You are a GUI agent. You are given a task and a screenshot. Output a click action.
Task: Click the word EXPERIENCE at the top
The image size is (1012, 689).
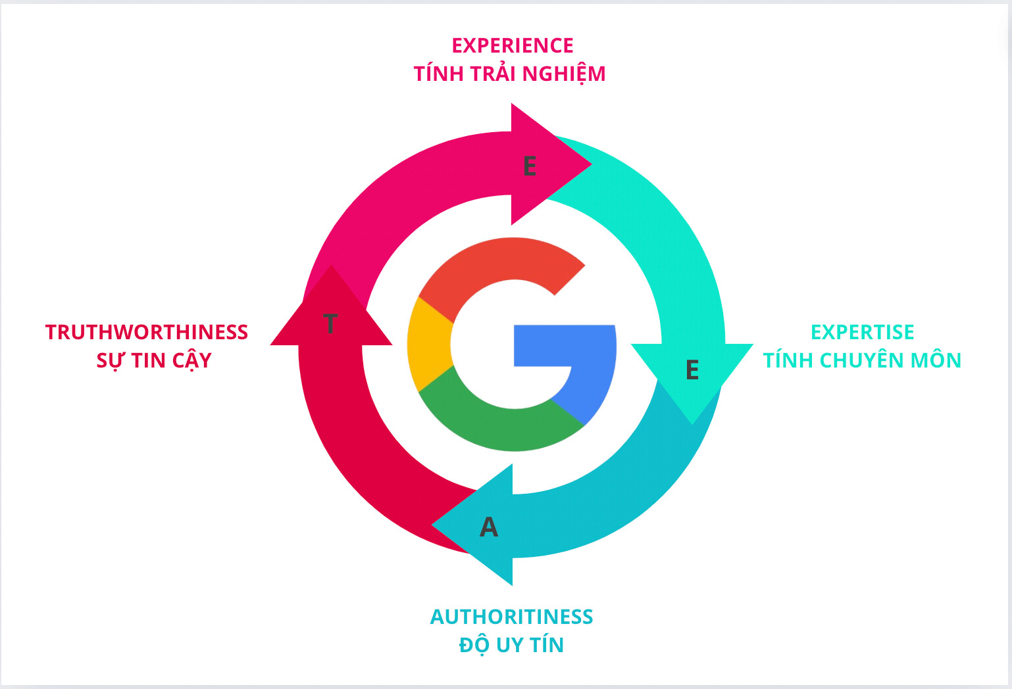coord(513,45)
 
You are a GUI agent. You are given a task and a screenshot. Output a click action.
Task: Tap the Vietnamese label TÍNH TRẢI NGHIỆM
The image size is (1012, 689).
coord(509,74)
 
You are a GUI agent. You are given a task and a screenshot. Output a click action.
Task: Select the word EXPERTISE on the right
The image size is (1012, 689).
coord(862,332)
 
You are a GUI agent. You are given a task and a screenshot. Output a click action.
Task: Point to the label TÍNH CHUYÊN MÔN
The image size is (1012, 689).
coord(862,360)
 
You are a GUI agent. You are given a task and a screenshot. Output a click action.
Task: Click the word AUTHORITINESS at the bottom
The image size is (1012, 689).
coord(511,617)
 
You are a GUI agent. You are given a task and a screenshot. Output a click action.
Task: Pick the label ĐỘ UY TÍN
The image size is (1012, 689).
coord(511,645)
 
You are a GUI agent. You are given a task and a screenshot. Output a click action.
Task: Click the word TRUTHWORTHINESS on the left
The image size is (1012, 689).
coord(147,332)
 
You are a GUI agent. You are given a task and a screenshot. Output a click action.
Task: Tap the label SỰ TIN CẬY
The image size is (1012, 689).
coord(154,360)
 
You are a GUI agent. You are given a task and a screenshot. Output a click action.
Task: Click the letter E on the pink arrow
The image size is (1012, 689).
coord(530,166)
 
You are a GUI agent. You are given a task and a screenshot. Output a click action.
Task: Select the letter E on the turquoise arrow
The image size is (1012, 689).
coord(692,370)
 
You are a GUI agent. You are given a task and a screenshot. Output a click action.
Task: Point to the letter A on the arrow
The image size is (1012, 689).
coord(489,527)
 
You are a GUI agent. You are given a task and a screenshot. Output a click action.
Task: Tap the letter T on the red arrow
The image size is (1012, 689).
coord(330,323)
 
